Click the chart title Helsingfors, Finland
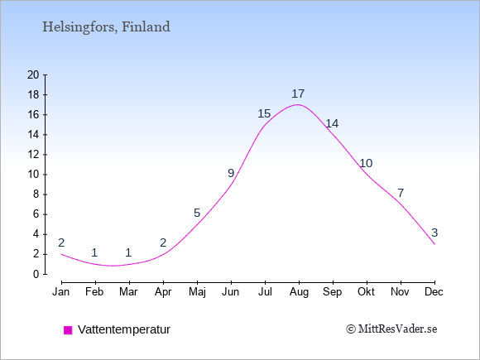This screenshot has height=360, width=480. pos(106,27)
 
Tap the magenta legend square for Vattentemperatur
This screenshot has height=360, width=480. pos(68,330)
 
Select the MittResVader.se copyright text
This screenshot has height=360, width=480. pos(391,329)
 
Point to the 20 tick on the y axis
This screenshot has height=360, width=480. pos(33,74)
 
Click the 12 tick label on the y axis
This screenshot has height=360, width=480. pos(33,155)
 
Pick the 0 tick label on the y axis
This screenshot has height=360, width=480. pos(36,274)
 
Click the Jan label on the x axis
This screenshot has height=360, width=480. pos(61,292)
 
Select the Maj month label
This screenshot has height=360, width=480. pos(197,292)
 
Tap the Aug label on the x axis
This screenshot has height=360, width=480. pos(299,292)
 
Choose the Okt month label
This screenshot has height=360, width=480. pos(366,292)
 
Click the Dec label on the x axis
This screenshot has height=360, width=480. pos(434,292)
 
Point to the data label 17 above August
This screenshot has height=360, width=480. pos(298,94)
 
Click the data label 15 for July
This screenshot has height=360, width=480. pos(264,114)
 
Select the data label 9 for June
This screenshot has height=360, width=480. pos(231,173)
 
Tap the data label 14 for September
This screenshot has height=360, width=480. pos(332,123)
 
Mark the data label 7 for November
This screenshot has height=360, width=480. pos(401,193)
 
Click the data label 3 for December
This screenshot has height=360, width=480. pos(434,233)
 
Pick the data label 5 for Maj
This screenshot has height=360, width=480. pos(197,213)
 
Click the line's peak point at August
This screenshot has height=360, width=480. pos(298,105)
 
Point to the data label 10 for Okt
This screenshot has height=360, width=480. pos(366,164)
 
